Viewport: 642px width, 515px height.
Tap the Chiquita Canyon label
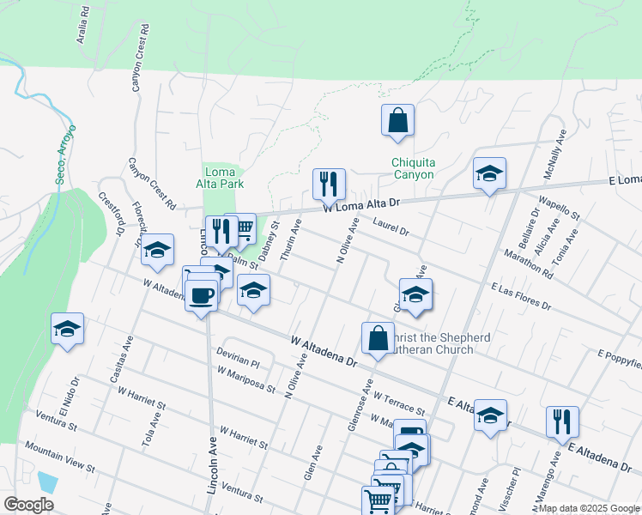point(412,168)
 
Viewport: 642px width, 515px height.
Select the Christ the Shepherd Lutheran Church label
point(433,342)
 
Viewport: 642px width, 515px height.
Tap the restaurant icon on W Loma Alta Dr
point(329,184)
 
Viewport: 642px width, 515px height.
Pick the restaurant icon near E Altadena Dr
point(562,421)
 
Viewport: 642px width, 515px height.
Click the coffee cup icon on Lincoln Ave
point(201,295)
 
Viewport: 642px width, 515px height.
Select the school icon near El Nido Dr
point(67,329)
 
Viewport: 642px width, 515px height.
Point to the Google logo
point(28,505)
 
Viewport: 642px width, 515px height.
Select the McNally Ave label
point(554,155)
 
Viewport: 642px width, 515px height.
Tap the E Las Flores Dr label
point(521,296)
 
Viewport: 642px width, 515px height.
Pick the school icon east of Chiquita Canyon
point(489,173)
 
